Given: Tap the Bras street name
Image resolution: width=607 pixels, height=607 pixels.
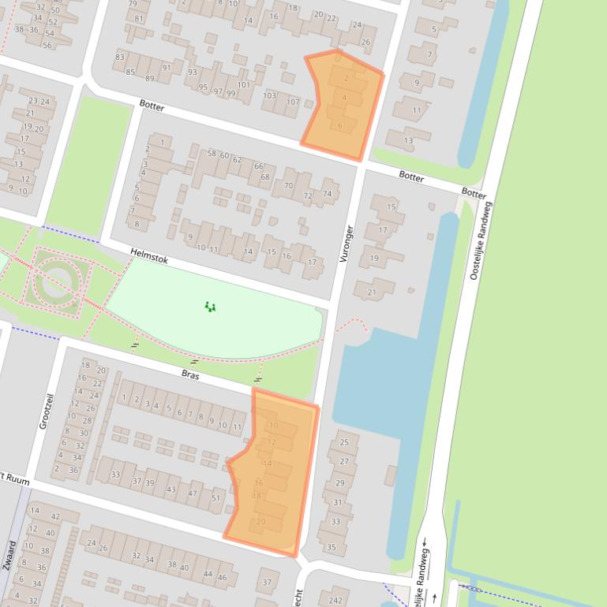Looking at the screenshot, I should [190, 376].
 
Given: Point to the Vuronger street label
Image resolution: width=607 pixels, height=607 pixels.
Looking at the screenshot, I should [346, 244].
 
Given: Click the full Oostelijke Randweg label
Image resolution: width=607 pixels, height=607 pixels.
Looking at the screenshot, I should [481, 241].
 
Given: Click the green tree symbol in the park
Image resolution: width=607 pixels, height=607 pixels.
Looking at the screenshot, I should [210, 307].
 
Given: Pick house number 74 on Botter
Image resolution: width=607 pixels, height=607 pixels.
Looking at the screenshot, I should [327, 193].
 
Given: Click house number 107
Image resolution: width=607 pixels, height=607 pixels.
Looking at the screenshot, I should [293, 102].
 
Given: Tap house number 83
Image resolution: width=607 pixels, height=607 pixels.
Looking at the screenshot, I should [120, 57].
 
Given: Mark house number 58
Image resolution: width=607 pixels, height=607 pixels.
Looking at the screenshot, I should [212, 153].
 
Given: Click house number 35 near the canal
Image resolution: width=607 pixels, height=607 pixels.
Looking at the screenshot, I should [332, 547].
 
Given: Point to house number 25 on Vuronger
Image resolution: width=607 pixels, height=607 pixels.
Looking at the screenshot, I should [343, 442].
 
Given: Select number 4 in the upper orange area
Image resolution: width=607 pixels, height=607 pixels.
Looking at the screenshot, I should [344, 98].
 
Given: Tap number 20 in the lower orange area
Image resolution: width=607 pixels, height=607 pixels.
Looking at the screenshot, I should [261, 521].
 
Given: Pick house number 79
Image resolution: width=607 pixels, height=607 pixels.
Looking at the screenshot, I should [133, 4].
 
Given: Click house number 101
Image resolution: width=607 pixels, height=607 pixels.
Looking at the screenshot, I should [243, 85].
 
